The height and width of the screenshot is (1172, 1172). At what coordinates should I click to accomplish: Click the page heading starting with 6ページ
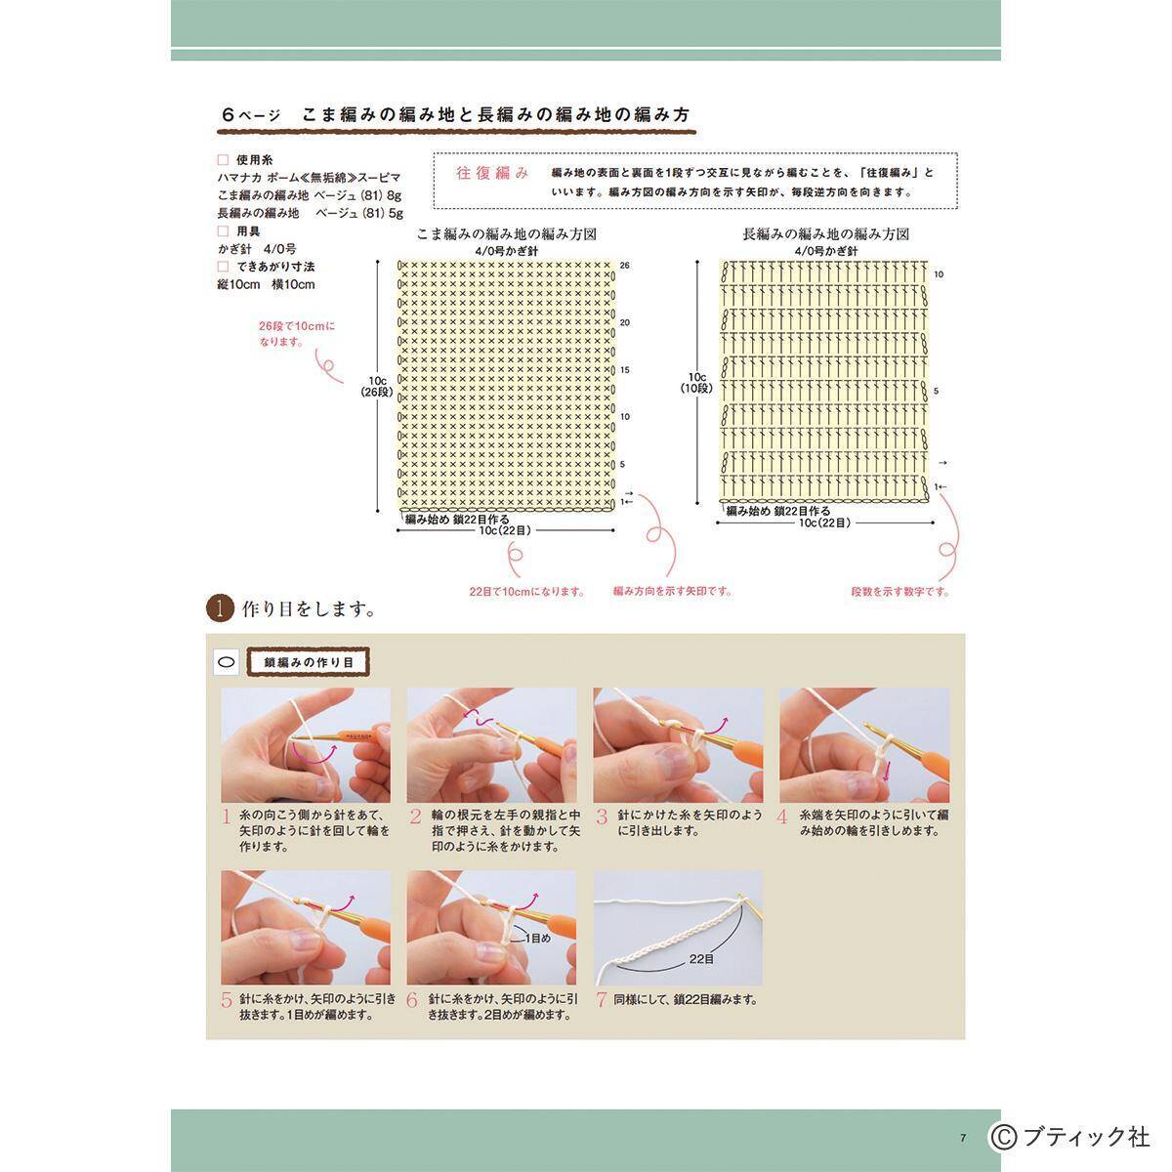pyautogui.click(x=456, y=115)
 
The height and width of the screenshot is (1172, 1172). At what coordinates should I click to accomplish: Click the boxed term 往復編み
pyautogui.click(x=492, y=173)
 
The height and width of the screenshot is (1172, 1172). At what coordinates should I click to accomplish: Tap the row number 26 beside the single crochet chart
pyautogui.click(x=624, y=266)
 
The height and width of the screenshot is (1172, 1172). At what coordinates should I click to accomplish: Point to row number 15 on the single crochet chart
pyautogui.click(x=624, y=370)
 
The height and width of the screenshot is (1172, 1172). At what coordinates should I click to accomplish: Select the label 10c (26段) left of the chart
pyautogui.click(x=377, y=386)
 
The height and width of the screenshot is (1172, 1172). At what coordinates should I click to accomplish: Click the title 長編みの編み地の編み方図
pyautogui.click(x=825, y=235)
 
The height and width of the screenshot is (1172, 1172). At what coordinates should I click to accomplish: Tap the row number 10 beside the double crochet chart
pyautogui.click(x=939, y=274)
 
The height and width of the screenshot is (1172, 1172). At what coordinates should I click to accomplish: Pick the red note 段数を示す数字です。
pyautogui.click(x=900, y=592)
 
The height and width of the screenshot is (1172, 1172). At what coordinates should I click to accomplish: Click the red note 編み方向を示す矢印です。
pyautogui.click(x=672, y=591)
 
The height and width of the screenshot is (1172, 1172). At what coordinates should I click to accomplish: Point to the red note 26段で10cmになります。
pyautogui.click(x=296, y=334)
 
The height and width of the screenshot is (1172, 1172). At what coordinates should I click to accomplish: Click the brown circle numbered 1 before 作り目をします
pyautogui.click(x=220, y=608)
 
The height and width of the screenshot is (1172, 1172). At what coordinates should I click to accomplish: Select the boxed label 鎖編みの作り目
pyautogui.click(x=308, y=662)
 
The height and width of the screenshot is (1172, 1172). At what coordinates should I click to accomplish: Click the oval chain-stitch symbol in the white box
pyautogui.click(x=227, y=662)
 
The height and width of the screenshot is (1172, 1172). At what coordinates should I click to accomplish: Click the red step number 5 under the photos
pyautogui.click(x=227, y=1000)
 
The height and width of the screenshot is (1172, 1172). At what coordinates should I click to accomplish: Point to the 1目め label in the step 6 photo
pyautogui.click(x=537, y=938)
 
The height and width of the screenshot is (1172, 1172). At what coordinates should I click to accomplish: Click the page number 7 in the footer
pyautogui.click(x=962, y=1137)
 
